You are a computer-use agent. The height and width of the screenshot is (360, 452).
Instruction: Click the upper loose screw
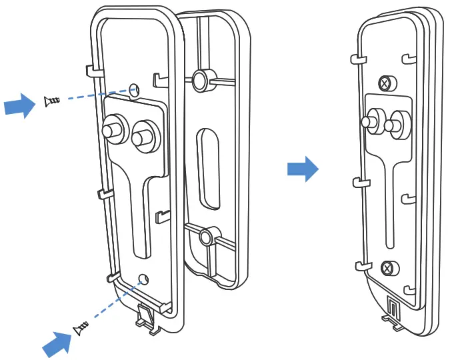pos(51,101)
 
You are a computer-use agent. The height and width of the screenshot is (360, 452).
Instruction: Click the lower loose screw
pos(80,327)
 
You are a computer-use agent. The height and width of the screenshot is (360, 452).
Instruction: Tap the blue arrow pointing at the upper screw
pos(19,105)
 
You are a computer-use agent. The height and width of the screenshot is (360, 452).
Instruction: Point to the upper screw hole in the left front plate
pos(135,89)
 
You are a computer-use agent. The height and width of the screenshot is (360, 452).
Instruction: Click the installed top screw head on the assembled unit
pos(385,83)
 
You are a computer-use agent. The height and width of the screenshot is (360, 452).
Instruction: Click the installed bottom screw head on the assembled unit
pos(387,269)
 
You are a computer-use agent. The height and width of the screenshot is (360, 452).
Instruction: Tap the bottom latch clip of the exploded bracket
pos(148,315)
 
